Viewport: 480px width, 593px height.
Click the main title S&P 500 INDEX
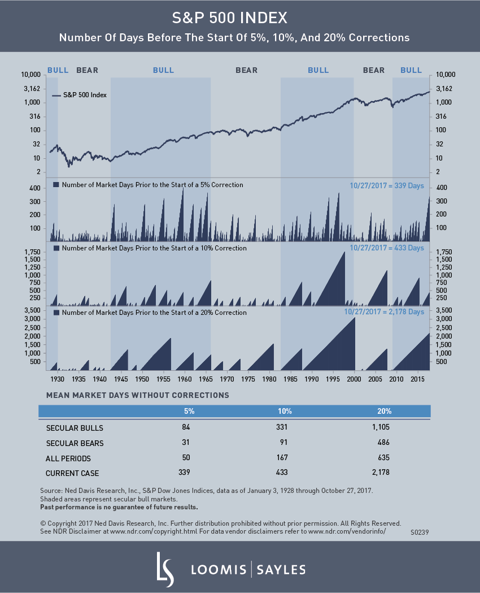tap(239, 18)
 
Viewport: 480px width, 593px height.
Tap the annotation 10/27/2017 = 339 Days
tap(386, 185)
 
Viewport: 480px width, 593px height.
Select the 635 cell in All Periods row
tap(384, 457)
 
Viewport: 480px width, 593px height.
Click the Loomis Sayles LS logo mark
tap(164, 568)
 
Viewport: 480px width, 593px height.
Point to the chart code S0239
tap(420, 533)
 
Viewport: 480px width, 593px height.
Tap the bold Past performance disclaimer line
tap(119, 507)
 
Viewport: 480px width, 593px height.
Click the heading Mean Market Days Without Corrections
tap(133, 395)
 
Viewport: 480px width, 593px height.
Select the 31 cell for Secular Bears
tap(186, 443)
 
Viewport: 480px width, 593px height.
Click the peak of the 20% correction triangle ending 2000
tap(355, 318)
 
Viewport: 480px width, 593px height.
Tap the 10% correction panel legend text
tap(154, 248)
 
